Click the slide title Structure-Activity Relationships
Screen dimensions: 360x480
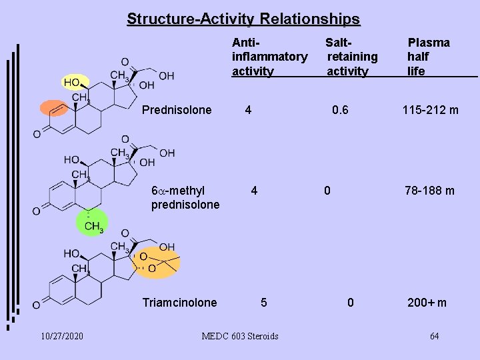[x=243, y=19]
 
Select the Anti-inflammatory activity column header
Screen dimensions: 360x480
[x=269, y=57]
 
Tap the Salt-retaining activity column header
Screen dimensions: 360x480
[x=351, y=57]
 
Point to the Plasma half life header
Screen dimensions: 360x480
[x=428, y=57]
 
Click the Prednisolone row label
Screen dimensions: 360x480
[x=177, y=110]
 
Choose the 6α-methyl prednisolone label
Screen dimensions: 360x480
[x=185, y=198]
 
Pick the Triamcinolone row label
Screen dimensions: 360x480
[x=179, y=303]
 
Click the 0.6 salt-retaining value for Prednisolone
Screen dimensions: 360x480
[x=340, y=110]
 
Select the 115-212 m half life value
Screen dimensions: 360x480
[x=429, y=110]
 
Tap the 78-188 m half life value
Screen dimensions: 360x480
[x=429, y=191]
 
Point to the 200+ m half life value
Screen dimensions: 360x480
[x=427, y=303]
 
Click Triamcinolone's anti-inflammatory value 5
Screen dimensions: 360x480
[x=264, y=303]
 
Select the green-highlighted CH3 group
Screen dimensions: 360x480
[x=91, y=224]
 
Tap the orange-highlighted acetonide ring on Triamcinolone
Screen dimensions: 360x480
[x=155, y=262]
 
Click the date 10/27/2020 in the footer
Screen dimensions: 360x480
[x=61, y=336]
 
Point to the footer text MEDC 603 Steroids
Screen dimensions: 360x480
[x=240, y=336]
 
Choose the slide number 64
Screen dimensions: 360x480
[x=434, y=336]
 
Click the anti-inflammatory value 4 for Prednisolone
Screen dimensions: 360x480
[x=248, y=110]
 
